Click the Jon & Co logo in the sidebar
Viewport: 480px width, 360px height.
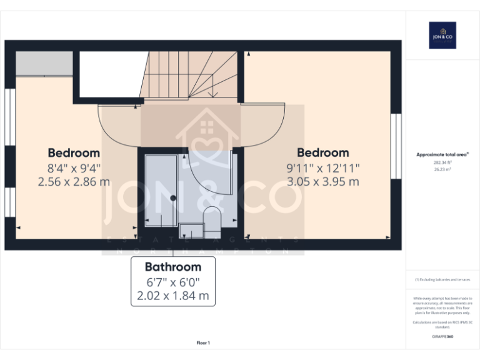(442, 36)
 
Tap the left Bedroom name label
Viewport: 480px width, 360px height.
(74, 153)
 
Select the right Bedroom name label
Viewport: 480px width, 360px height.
(322, 153)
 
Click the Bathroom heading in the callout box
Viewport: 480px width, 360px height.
(173, 267)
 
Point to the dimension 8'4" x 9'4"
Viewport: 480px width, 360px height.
(74, 168)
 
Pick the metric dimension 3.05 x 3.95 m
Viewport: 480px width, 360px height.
(322, 182)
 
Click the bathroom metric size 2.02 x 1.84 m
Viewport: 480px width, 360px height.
(173, 296)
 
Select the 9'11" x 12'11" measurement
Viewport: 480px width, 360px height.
(322, 168)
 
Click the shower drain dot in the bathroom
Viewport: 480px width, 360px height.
(174, 198)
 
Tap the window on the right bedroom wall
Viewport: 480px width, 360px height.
(395, 146)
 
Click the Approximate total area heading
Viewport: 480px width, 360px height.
(442, 154)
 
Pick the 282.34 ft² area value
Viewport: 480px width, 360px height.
(442, 162)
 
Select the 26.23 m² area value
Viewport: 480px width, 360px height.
(442, 168)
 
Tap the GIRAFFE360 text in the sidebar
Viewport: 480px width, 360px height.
(442, 337)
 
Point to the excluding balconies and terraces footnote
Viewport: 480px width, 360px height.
(442, 280)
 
